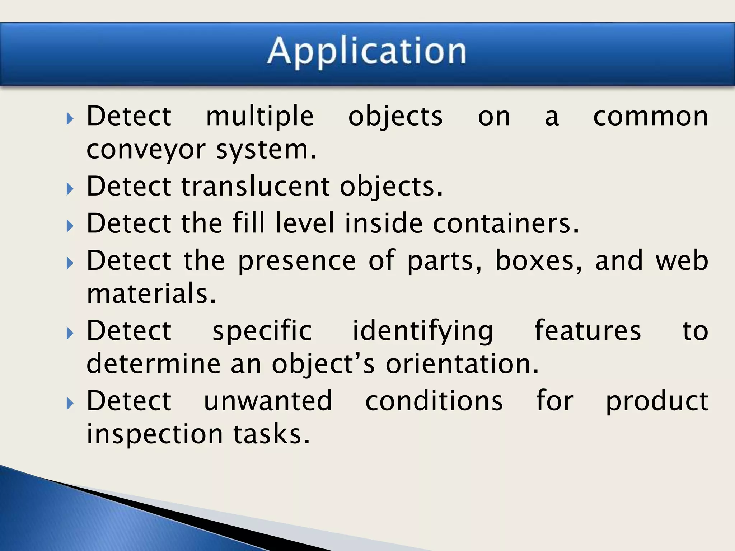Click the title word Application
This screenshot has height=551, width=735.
[367, 52]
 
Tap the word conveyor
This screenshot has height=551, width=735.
[146, 150]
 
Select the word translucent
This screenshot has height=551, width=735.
[256, 187]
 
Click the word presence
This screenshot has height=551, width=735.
[297, 261]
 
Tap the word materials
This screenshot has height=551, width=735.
[151, 293]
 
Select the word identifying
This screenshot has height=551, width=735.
[423, 331]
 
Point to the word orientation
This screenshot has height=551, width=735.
[462, 364]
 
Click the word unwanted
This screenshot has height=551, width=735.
[268, 401]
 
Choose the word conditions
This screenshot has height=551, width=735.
[434, 401]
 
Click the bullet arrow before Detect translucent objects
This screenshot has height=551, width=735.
[70, 188]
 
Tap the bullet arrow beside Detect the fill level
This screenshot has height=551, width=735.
[70, 226]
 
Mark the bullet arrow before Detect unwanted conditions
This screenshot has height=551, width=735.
[70, 404]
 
